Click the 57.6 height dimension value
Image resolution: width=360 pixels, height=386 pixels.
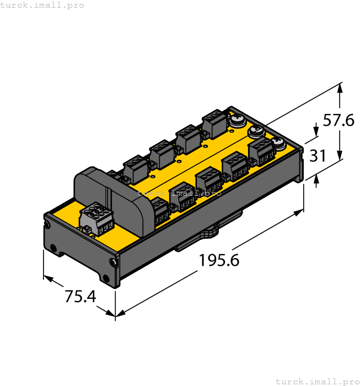(x=338, y=120)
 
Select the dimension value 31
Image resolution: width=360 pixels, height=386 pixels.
(x=318, y=156)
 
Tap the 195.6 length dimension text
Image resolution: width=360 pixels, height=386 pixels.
(x=219, y=260)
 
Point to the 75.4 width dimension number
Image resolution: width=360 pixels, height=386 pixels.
(x=80, y=297)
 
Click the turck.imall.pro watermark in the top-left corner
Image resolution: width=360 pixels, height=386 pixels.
(x=42, y=5)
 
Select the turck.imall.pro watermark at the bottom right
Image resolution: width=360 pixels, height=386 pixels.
(x=317, y=381)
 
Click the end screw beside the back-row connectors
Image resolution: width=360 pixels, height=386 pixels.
(x=237, y=120)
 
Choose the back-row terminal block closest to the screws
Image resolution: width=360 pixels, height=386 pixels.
(x=215, y=123)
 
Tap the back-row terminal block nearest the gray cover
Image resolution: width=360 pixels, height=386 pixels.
(x=135, y=169)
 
